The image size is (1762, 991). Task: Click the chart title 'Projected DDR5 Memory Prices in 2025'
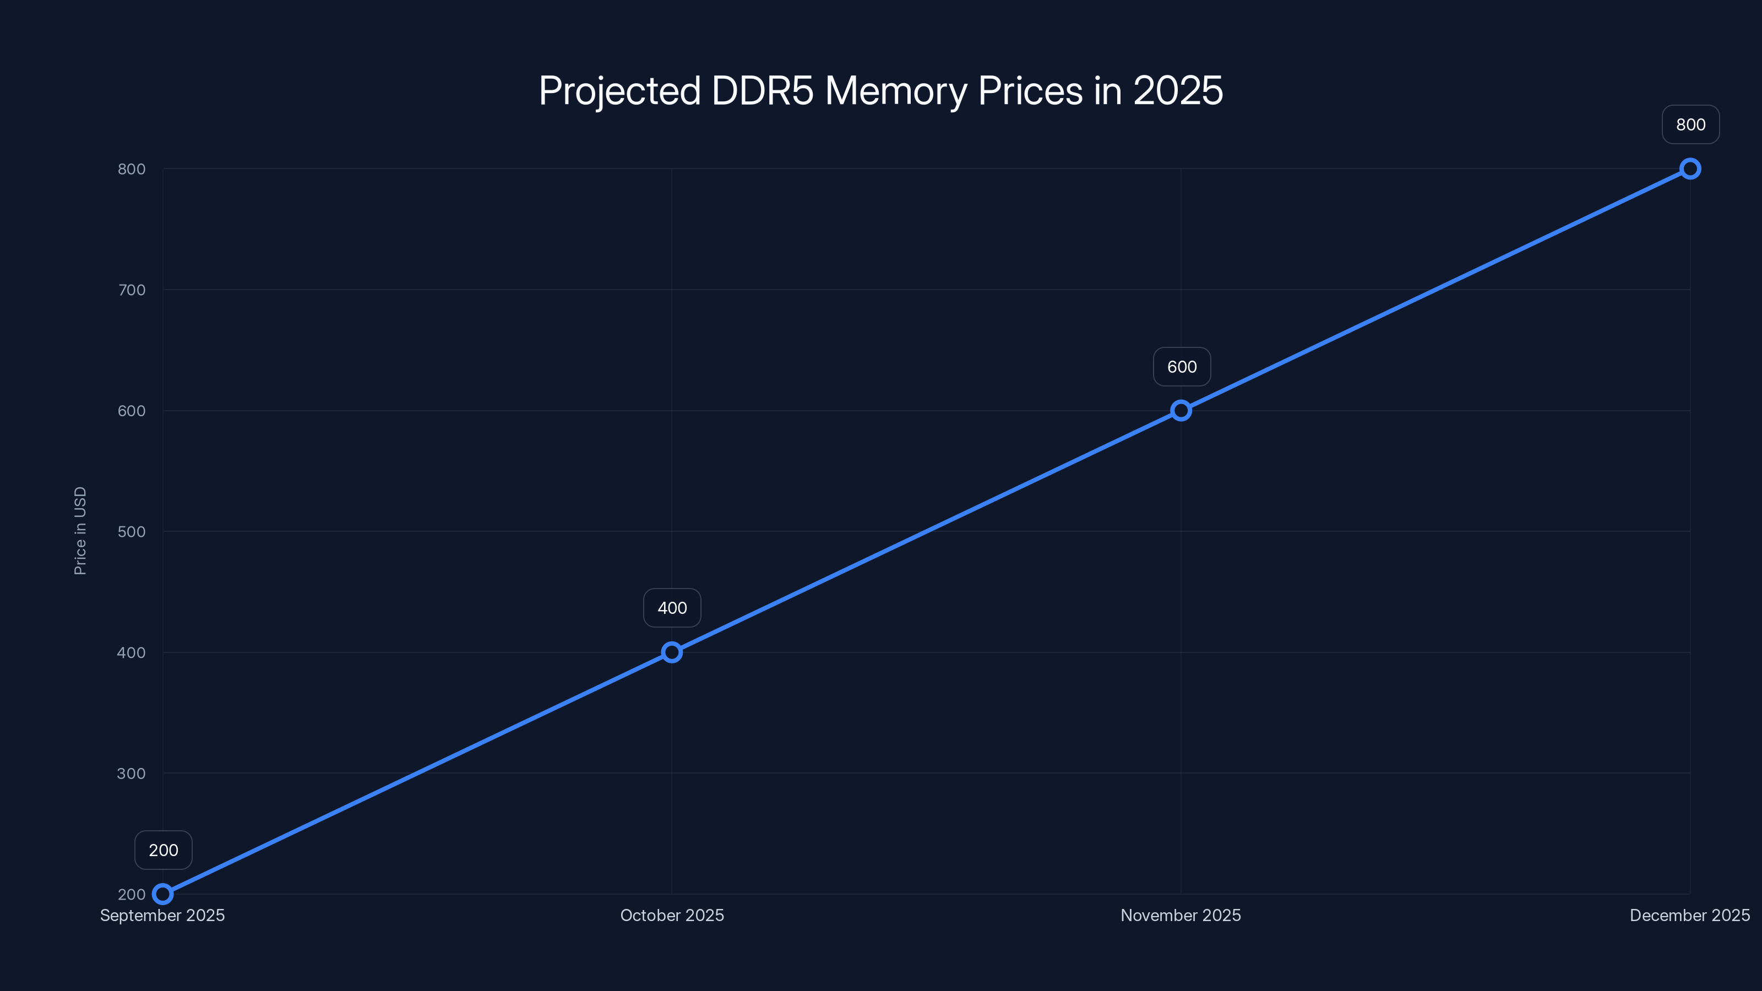click(880, 91)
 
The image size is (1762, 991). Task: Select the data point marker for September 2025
click(163, 894)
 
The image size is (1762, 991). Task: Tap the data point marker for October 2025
click(672, 652)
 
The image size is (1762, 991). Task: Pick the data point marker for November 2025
click(1181, 410)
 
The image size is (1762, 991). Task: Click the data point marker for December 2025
click(1690, 169)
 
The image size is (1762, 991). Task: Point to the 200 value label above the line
click(164, 850)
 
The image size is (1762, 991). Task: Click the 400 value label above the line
click(672, 608)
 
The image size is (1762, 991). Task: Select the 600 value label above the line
click(1182, 367)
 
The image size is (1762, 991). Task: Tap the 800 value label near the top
click(1690, 124)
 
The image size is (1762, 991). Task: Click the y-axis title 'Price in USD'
click(80, 531)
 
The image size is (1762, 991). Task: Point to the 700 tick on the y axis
click(132, 290)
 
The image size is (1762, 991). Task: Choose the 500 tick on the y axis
click(132, 532)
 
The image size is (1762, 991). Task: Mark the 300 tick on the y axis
click(132, 774)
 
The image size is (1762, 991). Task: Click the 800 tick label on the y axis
click(132, 169)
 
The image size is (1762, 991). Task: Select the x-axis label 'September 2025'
click(163, 916)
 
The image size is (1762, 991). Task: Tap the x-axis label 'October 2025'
click(672, 916)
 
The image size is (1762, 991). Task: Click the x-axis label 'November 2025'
click(1181, 916)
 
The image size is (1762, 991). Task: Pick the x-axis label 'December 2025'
click(1689, 916)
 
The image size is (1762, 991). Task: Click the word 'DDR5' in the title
click(762, 91)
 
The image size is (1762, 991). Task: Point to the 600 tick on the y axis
click(132, 411)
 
